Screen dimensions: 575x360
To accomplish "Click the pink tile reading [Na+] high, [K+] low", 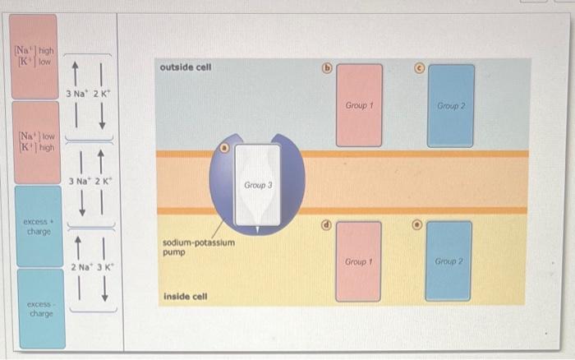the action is pos(34,54).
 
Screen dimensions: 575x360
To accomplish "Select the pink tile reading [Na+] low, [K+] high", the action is pos(34,141).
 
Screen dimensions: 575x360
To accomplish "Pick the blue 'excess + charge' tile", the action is pos(39,225).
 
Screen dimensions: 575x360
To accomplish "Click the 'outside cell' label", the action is pos(187,67).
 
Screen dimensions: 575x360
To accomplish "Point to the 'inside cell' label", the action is pos(185,296).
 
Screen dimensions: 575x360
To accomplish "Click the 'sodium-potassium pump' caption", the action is pos(199,247).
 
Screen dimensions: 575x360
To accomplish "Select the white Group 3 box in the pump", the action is pos(256,185).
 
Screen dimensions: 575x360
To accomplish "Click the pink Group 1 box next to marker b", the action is pos(359,105).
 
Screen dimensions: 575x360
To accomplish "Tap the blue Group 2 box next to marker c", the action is pos(450,105).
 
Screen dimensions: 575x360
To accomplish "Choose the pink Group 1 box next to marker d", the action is pos(359,261).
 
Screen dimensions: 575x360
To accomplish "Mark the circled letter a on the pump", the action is pos(224,149).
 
